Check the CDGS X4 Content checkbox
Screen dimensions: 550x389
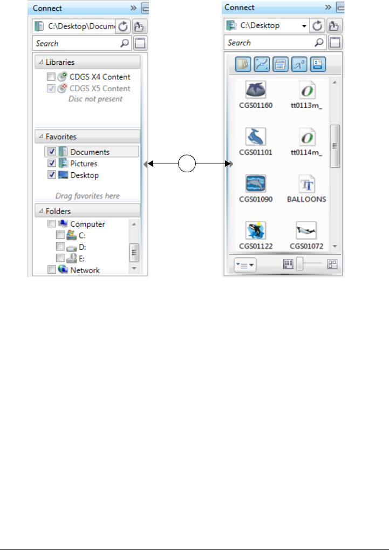point(51,77)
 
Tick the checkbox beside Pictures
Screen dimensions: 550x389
point(52,163)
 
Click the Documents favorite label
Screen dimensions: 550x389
point(90,152)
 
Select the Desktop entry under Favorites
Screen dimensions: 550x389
point(84,175)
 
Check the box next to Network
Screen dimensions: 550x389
point(51,270)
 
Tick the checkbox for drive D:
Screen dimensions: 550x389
point(60,247)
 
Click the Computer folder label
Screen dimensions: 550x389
point(87,224)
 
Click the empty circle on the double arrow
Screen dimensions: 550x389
point(187,163)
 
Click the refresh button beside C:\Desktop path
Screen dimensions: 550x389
point(318,25)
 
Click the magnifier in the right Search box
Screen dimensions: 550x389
point(319,43)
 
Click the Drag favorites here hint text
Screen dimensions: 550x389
point(87,195)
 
